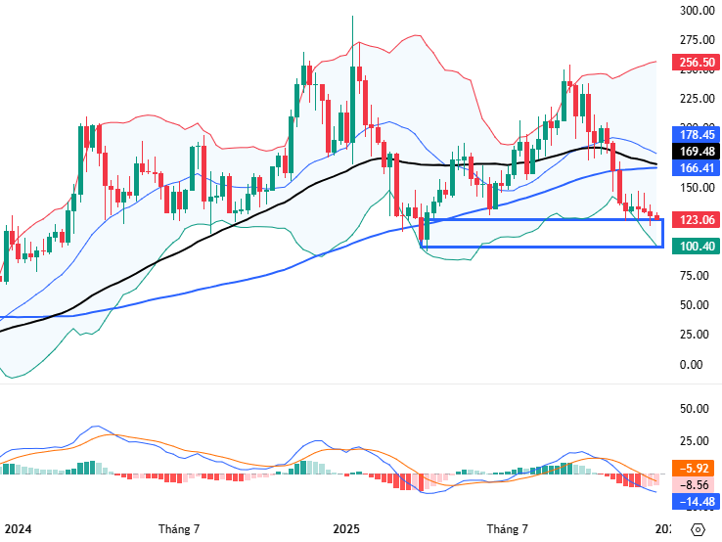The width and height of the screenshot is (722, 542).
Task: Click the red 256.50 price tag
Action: (x=696, y=62)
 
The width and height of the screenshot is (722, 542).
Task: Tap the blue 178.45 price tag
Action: (x=696, y=135)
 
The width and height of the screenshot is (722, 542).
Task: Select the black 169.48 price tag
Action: (x=696, y=152)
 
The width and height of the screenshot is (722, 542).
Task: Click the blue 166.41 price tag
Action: (x=696, y=168)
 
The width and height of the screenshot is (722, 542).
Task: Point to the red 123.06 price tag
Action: (x=696, y=220)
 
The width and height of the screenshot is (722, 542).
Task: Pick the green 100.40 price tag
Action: (x=696, y=246)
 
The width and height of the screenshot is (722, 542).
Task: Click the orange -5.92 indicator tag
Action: (x=696, y=468)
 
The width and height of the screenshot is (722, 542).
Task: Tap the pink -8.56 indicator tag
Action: (x=696, y=484)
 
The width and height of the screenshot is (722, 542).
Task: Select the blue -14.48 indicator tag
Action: (x=696, y=502)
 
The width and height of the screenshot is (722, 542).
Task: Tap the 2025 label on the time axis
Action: (x=346, y=529)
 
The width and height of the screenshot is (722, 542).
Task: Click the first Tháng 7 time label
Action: (x=179, y=529)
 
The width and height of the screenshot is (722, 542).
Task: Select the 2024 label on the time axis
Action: (x=17, y=529)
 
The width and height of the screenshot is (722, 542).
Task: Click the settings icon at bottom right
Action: (x=697, y=529)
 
